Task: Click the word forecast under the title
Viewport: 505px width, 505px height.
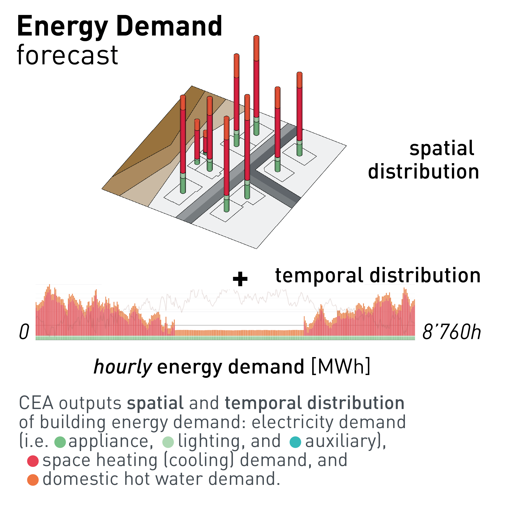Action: tap(67, 55)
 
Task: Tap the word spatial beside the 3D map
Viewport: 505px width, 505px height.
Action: tap(442, 148)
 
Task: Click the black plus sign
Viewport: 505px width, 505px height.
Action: tap(240, 279)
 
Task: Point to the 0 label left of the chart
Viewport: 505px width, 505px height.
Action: tap(24, 332)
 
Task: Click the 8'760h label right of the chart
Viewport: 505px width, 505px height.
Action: tap(451, 332)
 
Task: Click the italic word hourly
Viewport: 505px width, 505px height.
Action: tap(123, 367)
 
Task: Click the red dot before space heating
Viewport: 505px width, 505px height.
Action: tap(33, 461)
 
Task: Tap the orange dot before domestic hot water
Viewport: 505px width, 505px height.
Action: tap(33, 480)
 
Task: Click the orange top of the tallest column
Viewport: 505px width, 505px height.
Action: tap(257, 48)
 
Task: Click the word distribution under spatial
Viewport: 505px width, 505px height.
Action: tap(424, 172)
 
